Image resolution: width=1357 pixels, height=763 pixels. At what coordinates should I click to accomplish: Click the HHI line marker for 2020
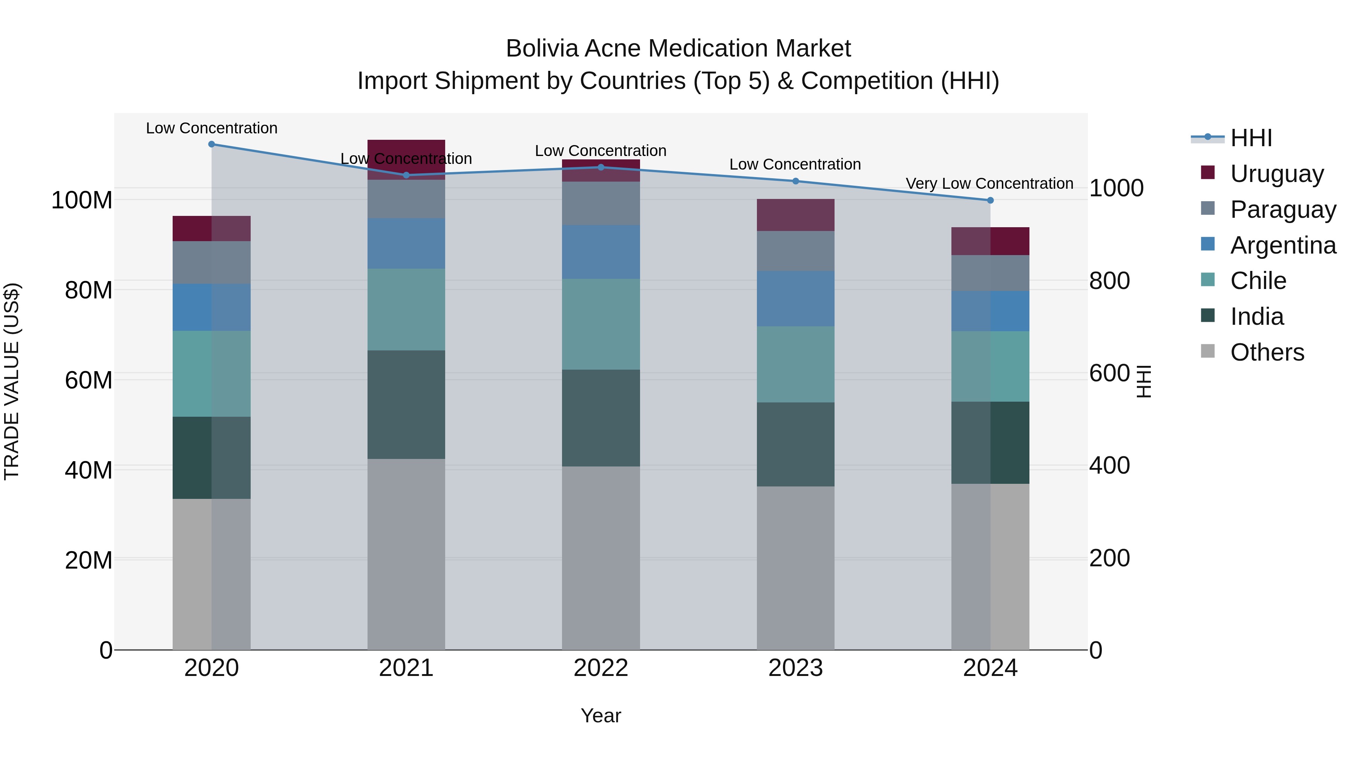click(211, 144)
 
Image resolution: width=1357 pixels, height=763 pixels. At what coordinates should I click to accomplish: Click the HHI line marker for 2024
click(990, 200)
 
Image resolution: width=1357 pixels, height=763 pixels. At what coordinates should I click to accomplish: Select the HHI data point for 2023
click(795, 181)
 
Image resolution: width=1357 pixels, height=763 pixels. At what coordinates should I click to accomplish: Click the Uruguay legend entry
click(1276, 173)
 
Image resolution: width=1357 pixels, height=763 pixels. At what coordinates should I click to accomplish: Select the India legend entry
click(1256, 317)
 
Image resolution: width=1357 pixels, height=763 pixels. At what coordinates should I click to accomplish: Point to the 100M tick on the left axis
click(82, 200)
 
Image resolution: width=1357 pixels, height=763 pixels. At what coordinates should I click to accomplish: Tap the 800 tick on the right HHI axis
click(1109, 281)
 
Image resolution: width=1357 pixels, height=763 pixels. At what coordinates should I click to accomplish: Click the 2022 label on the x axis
click(600, 668)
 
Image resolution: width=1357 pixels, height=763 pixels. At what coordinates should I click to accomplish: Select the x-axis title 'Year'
click(600, 716)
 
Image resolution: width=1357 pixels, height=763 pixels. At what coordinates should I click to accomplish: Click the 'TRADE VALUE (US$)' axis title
click(12, 381)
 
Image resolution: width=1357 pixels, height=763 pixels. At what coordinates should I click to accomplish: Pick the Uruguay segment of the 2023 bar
click(795, 215)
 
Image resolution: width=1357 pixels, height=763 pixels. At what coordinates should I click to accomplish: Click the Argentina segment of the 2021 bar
click(406, 243)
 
